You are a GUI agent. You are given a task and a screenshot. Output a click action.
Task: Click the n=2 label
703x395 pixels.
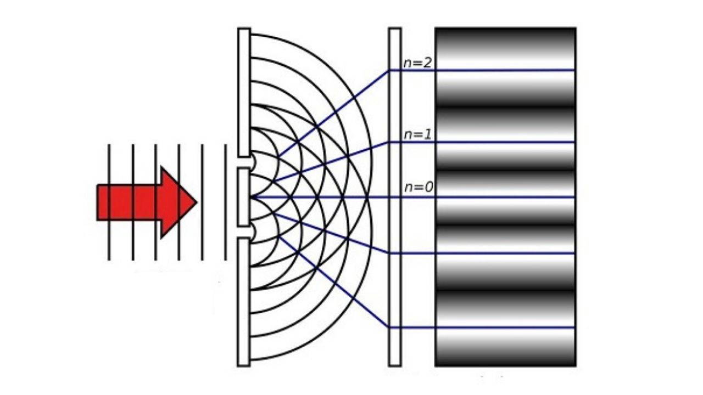(x=417, y=63)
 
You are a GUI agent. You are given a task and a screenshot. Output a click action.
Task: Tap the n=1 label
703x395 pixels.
(x=417, y=134)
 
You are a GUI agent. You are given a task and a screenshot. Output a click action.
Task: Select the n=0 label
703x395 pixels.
(x=419, y=188)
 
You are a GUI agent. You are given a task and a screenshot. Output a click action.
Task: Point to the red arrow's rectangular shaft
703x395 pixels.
(x=129, y=202)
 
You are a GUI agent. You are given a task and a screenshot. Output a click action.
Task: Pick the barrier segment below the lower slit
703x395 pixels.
(x=244, y=302)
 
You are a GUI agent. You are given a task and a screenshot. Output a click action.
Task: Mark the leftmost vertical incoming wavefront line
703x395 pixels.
(x=109, y=165)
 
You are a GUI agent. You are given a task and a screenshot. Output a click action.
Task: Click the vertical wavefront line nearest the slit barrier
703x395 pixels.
(x=226, y=165)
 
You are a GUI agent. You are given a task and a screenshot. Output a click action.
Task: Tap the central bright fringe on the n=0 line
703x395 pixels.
(x=505, y=197)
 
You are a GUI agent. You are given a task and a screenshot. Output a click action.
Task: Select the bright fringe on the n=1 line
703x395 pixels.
(x=505, y=142)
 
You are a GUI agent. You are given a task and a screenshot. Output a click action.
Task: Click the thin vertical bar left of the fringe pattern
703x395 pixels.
(x=394, y=219)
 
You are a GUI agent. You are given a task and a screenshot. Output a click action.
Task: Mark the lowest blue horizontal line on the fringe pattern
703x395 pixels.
(x=505, y=328)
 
